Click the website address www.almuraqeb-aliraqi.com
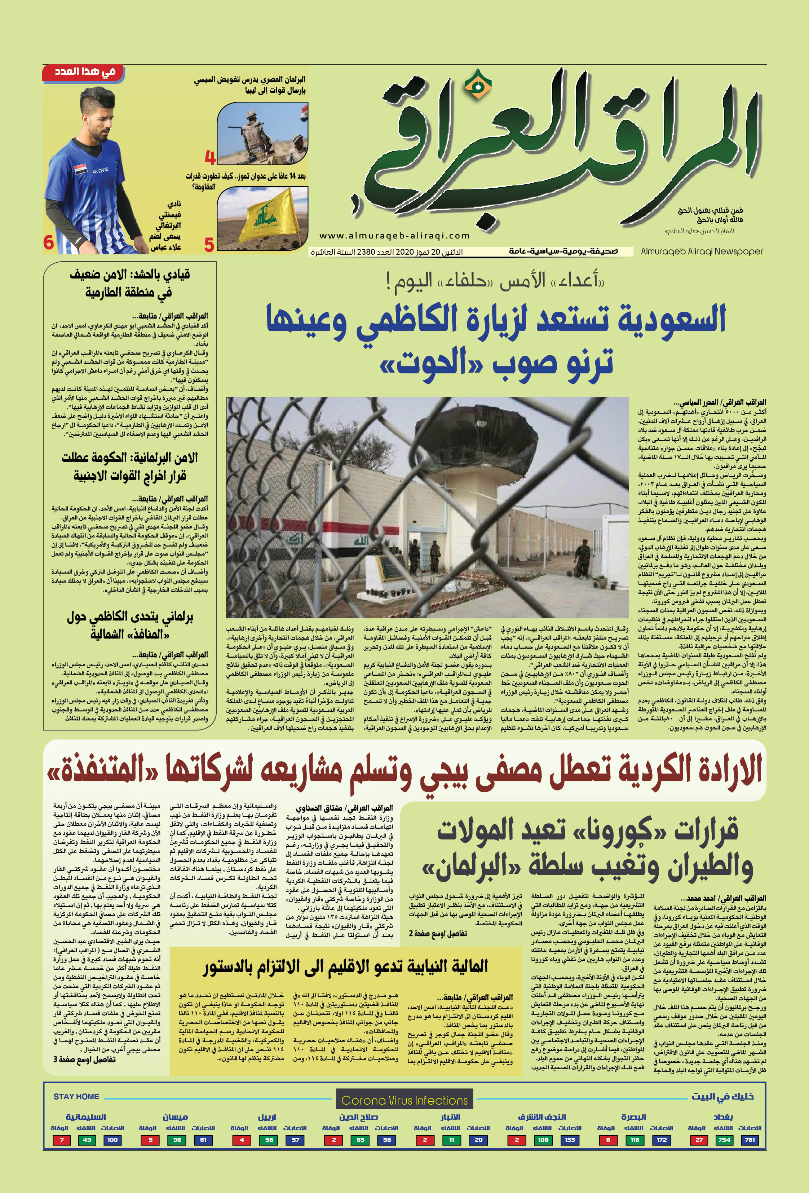(394, 236)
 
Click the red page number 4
(210, 157)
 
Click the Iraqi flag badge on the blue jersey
(80, 170)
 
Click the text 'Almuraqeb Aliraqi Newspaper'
(702, 251)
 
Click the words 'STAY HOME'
(76, 1096)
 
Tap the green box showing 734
(724, 1140)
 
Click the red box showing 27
(699, 1140)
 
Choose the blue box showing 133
(569, 1140)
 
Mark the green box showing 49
(87, 1140)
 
